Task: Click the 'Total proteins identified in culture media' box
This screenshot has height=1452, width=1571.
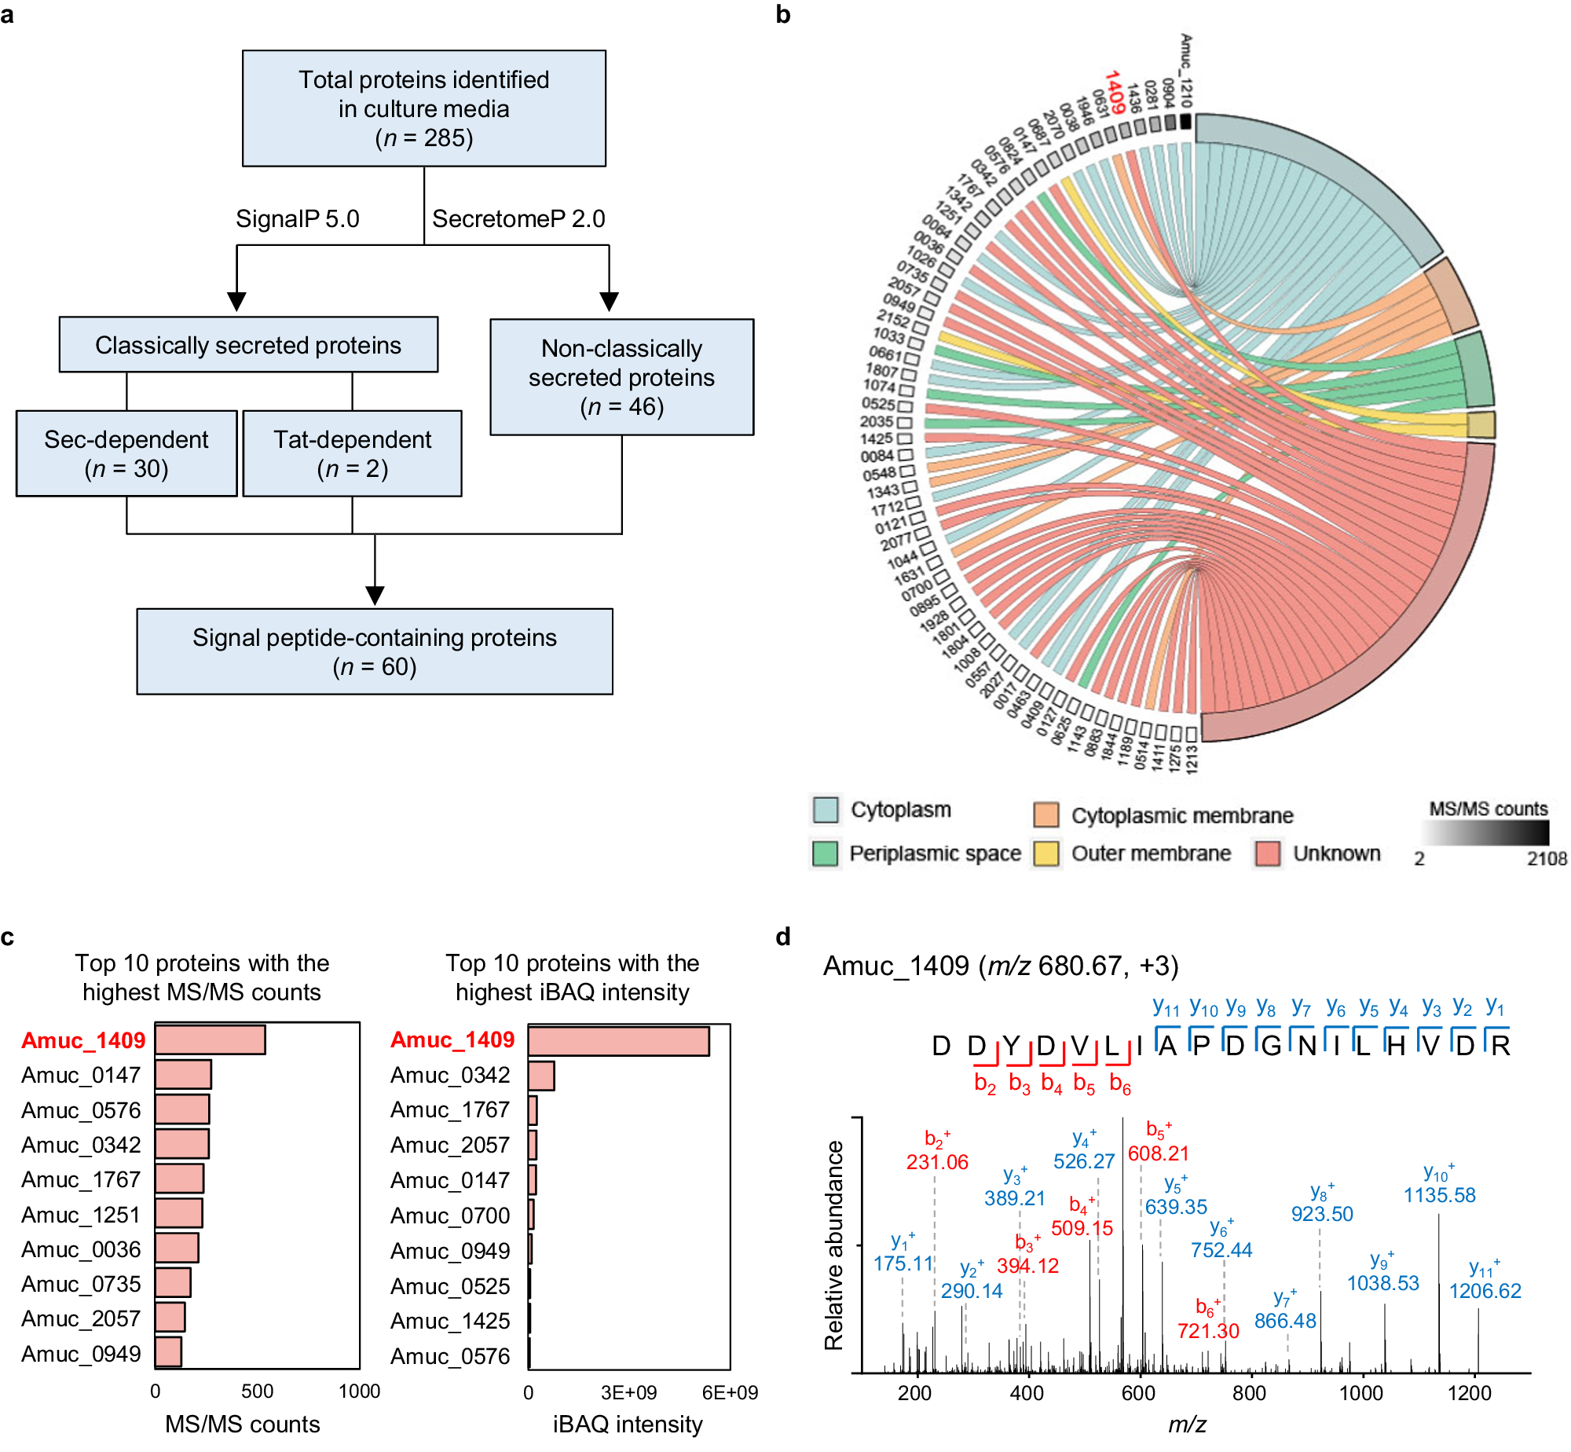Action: (423, 108)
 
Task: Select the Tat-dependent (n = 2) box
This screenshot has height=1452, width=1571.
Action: (352, 453)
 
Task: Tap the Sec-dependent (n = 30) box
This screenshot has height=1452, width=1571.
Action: (126, 453)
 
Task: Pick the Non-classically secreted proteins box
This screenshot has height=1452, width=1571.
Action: (621, 377)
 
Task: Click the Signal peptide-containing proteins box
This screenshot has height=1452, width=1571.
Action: (375, 651)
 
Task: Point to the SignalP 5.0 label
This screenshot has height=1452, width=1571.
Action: (297, 218)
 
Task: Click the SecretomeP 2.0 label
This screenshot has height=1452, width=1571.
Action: (518, 218)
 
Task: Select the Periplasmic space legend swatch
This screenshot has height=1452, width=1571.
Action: (825, 853)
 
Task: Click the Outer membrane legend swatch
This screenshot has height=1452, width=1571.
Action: (1046, 853)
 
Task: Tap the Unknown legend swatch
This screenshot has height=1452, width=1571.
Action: (1268, 853)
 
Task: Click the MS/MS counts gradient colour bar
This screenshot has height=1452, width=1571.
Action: (1485, 833)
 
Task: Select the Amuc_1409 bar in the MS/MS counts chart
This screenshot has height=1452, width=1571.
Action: (211, 1039)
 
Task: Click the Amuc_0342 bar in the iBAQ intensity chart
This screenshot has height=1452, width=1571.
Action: (541, 1076)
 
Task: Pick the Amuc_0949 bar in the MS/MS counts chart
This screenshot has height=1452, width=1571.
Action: (169, 1352)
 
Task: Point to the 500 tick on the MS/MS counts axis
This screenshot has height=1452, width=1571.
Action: (258, 1391)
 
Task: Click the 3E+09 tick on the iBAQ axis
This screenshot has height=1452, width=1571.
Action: (628, 1393)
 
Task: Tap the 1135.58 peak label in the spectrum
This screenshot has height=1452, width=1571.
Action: (1439, 1195)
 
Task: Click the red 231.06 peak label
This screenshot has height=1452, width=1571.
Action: (937, 1162)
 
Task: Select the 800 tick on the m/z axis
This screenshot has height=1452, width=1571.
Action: (1249, 1393)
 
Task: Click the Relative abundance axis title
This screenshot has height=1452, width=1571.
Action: (834, 1245)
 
